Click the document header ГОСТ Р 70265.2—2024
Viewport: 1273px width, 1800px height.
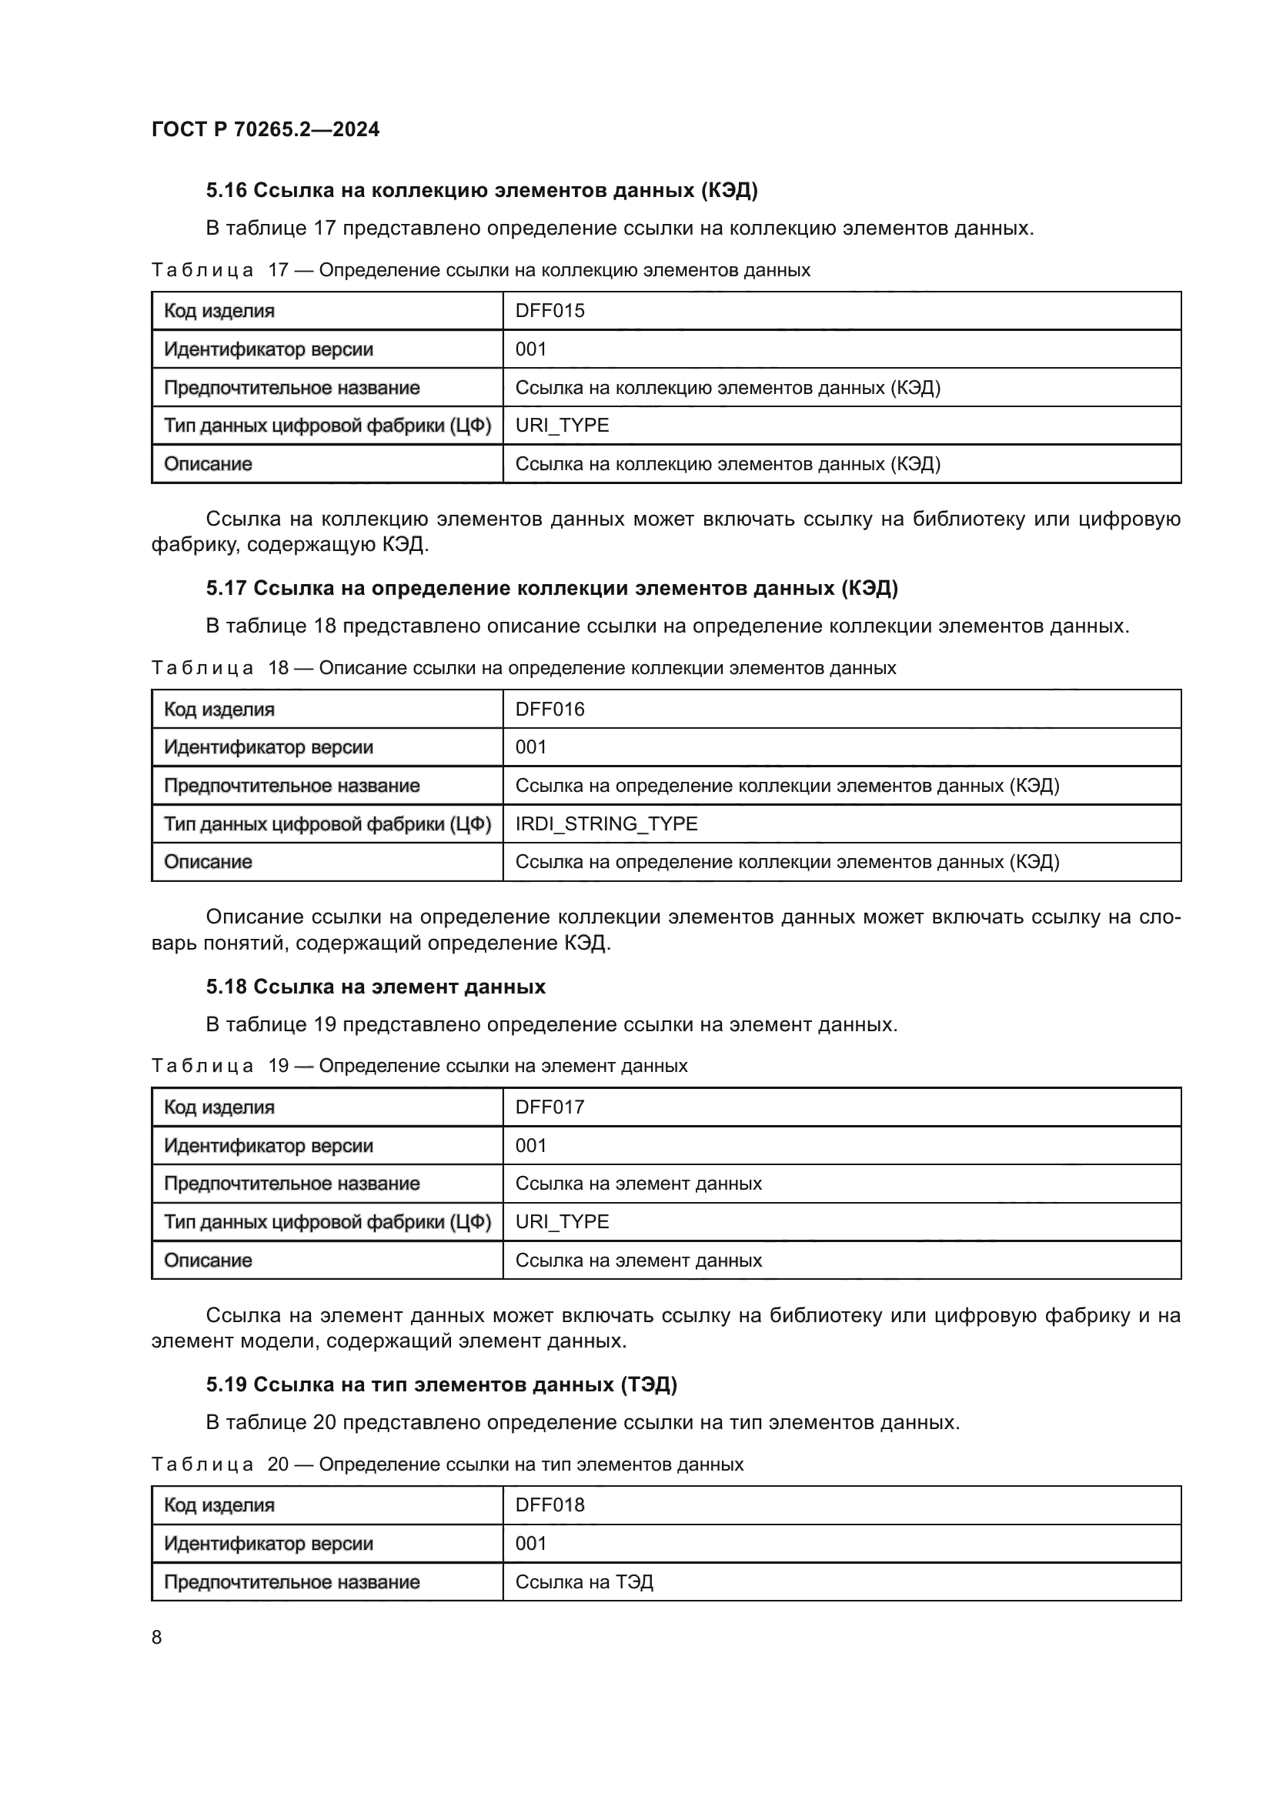click(265, 129)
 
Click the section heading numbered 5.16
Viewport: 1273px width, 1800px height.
click(481, 190)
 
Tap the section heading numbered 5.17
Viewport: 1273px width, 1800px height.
click(552, 588)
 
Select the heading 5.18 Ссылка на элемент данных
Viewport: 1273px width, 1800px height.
click(376, 987)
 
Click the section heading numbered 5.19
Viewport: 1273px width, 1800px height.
click(441, 1384)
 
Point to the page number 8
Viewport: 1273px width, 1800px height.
click(157, 1638)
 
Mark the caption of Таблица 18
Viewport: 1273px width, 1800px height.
click(523, 668)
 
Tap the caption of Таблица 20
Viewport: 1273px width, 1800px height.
click(447, 1464)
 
